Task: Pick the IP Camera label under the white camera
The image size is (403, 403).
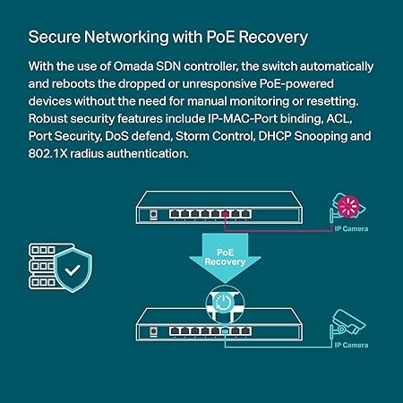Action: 351,345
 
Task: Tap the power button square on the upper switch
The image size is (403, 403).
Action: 155,215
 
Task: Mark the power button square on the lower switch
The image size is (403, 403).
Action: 155,330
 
